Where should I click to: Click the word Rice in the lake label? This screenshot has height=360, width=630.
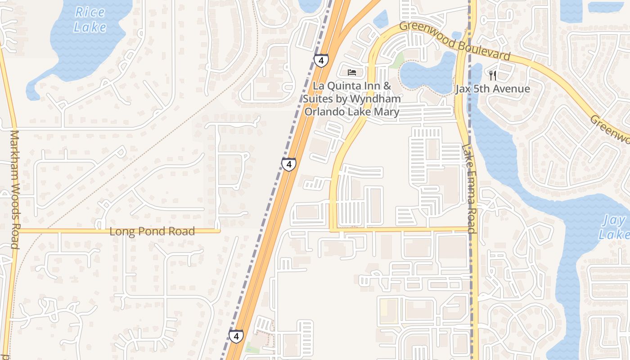(x=90, y=12)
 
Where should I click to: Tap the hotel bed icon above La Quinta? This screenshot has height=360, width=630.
(x=352, y=72)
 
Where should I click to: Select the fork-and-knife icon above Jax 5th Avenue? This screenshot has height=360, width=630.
(x=493, y=75)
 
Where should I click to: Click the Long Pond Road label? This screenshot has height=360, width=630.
(x=152, y=232)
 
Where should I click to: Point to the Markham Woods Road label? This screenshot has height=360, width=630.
(x=14, y=189)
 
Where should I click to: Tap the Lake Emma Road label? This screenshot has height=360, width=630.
(x=469, y=189)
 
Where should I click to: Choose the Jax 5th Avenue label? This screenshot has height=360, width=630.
(x=493, y=89)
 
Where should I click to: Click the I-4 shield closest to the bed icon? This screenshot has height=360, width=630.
(x=321, y=60)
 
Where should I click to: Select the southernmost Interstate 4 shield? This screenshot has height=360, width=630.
(x=236, y=336)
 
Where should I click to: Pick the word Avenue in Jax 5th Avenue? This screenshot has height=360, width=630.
(x=511, y=89)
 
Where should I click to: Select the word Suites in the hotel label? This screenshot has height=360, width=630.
(x=319, y=99)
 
